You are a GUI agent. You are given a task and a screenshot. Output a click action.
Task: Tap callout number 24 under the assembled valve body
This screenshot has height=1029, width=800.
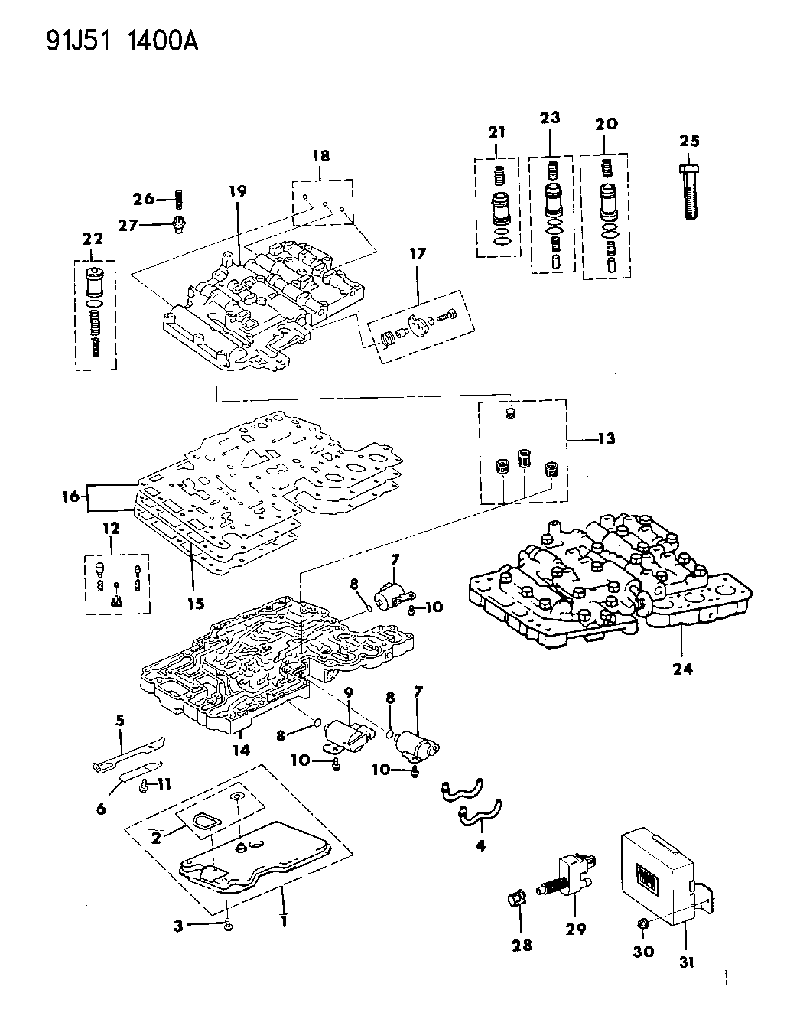click(682, 668)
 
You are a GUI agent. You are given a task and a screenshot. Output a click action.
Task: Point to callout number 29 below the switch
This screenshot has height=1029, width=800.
click(575, 929)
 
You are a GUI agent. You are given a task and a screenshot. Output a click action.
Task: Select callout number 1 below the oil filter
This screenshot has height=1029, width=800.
click(284, 917)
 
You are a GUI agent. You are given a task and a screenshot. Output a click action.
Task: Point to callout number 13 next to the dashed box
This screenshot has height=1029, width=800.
click(607, 439)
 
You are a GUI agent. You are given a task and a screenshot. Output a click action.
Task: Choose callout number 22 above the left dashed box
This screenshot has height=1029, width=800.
click(93, 239)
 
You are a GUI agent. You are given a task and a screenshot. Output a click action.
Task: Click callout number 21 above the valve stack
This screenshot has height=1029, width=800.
click(497, 132)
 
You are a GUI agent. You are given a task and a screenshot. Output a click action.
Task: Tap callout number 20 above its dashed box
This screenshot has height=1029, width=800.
click(603, 124)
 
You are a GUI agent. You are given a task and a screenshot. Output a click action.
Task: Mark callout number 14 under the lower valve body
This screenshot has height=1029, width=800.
click(241, 750)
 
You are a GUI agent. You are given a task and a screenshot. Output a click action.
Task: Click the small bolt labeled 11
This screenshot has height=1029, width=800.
click(145, 784)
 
